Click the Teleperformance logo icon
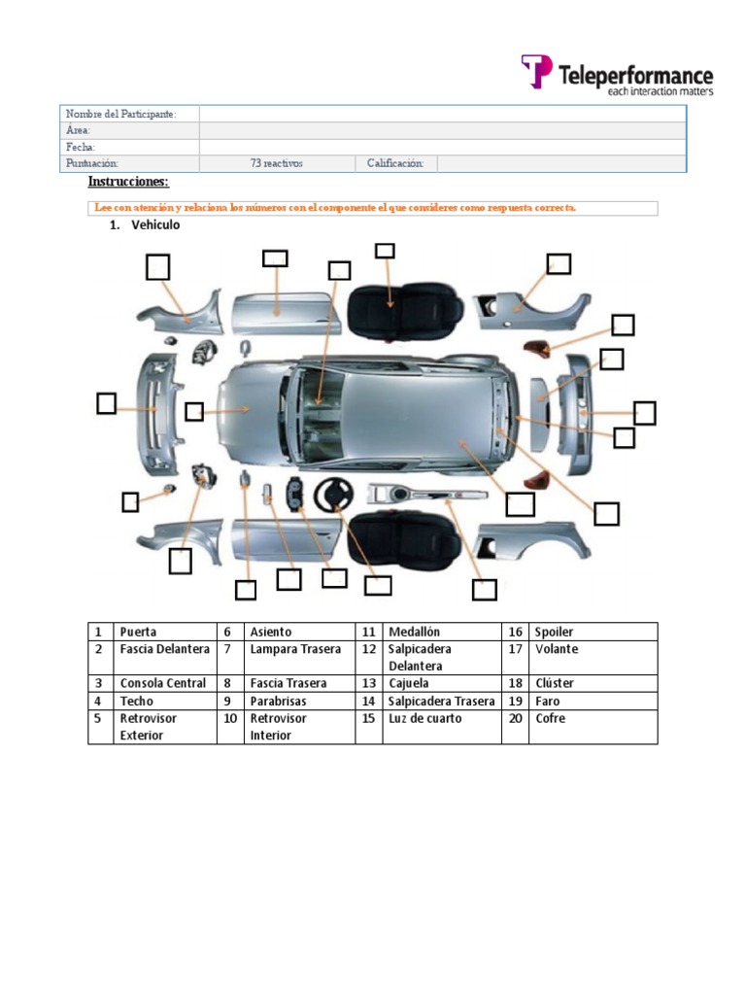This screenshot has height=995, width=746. point(537,72)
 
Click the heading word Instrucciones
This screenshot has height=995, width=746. point(128,182)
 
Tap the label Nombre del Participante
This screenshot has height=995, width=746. point(120,115)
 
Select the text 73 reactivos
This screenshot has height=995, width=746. point(277,163)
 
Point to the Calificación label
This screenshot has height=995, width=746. point(395,163)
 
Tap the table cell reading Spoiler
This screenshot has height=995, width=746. point(554,632)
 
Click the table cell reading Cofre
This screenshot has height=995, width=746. point(550,718)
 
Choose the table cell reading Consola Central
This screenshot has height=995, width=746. point(162,683)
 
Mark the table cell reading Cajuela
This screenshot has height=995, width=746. point(409,683)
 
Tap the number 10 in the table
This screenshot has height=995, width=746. point(230,718)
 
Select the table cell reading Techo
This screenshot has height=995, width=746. point(137,701)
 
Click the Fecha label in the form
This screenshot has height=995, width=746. point(81,147)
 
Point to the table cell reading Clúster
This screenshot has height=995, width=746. point(552,683)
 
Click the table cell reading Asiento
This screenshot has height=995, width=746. point(270,632)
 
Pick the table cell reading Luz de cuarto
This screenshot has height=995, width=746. point(424,718)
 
